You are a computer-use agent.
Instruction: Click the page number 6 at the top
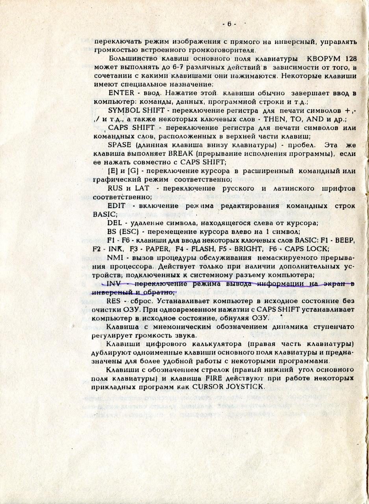click(229, 24)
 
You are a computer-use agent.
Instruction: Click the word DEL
click(113, 223)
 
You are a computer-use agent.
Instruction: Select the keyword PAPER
click(157, 249)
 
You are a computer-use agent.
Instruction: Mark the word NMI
click(114, 258)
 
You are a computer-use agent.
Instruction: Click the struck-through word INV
click(113, 283)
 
